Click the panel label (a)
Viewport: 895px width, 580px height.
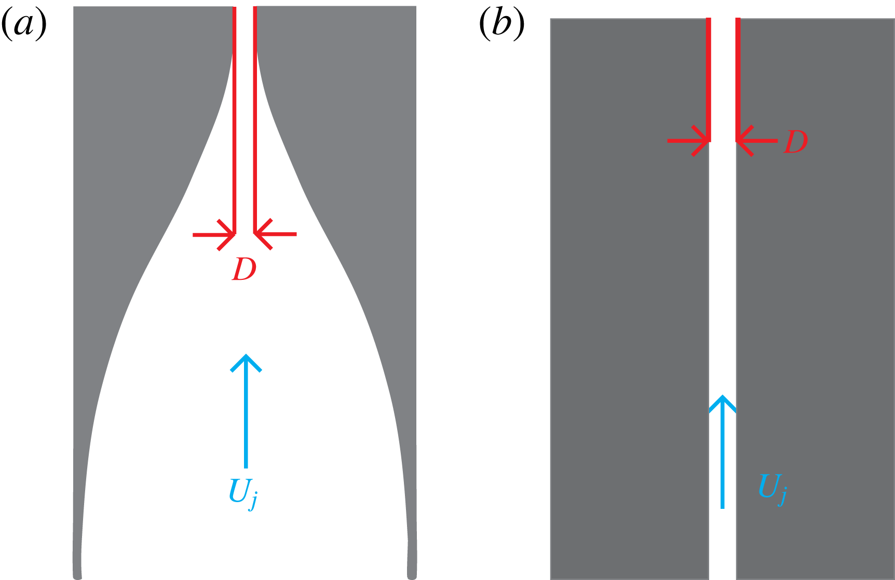tap(24, 24)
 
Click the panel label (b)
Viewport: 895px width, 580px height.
tap(501, 24)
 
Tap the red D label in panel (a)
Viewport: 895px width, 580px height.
tap(244, 269)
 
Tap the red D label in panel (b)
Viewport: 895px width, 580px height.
tap(795, 142)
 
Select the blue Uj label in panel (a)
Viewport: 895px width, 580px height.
tap(243, 492)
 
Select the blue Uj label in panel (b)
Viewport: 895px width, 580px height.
tap(772, 488)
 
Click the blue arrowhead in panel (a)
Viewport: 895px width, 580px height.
tap(246, 362)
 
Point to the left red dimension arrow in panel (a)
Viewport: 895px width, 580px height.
tap(214, 235)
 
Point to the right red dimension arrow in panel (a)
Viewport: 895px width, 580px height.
tap(275, 234)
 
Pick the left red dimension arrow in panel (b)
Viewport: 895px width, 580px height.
tap(688, 141)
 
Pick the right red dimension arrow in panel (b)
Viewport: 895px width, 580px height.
tap(756, 141)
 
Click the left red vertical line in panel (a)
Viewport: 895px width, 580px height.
tap(235, 119)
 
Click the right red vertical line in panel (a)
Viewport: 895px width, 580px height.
tap(255, 119)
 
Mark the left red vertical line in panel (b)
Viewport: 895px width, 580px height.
tap(708, 78)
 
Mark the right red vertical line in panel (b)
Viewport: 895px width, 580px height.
tap(738, 78)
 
